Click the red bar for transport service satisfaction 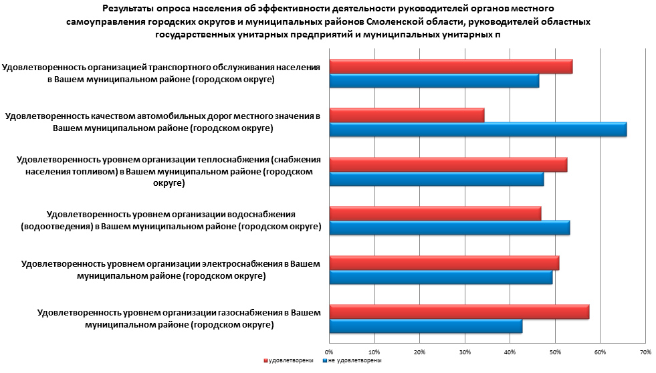(x=451, y=67)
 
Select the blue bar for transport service (x=435, y=82)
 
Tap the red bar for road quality (x=407, y=116)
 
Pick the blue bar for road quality (x=478, y=130)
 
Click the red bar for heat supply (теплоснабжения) (x=449, y=164)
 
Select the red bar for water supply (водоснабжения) (x=435, y=213)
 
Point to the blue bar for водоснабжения (x=450, y=228)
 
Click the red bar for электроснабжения (x=445, y=263)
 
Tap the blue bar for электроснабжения (x=441, y=277)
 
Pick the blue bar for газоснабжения (x=426, y=326)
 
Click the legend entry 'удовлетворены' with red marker (x=289, y=360)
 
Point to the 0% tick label (x=329, y=352)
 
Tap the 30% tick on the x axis (x=465, y=352)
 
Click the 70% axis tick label (x=645, y=352)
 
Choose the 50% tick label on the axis (x=555, y=352)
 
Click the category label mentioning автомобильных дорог (x=163, y=122)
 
